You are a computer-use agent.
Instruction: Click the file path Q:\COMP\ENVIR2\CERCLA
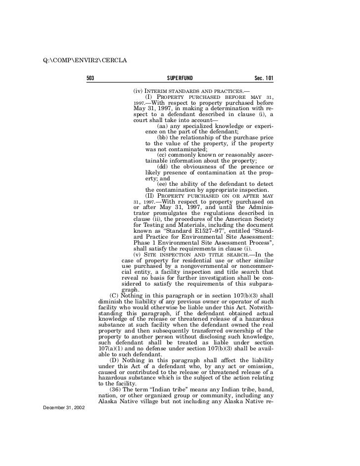point(86,61)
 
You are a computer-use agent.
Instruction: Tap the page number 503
point(90,79)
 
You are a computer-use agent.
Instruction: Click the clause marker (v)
point(138,254)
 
